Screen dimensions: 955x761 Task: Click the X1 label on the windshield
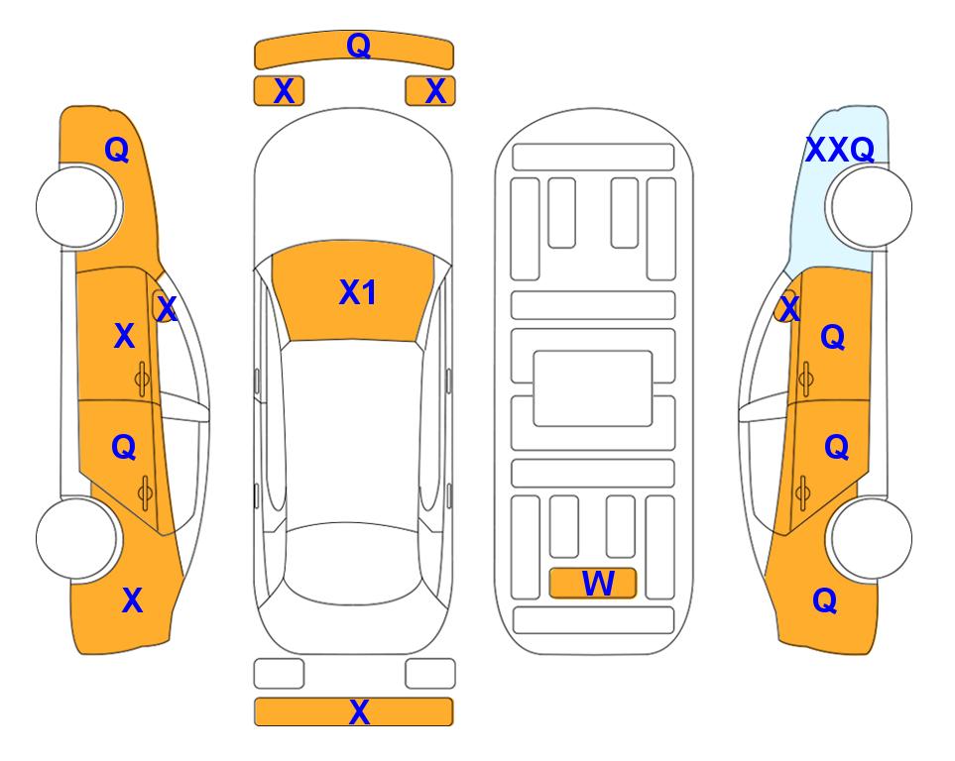358,292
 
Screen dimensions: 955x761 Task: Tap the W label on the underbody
598,584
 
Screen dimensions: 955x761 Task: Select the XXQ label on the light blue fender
840,150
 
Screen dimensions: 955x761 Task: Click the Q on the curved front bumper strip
358,45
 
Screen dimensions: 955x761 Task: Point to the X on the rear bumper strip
359,711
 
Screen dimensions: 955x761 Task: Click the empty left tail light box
279,674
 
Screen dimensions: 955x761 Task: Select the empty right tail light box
430,674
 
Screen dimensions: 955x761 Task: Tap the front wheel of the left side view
76,207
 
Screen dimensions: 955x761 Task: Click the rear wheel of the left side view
76,538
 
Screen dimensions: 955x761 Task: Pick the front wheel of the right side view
871,207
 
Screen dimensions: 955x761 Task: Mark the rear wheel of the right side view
871,538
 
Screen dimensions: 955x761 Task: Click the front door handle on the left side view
143,380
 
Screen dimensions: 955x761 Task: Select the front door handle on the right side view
805,380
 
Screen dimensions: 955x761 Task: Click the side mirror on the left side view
164,306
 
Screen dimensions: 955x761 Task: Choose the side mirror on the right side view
785,306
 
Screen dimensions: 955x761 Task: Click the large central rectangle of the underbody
593,388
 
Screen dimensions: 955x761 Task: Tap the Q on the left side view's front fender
117,150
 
